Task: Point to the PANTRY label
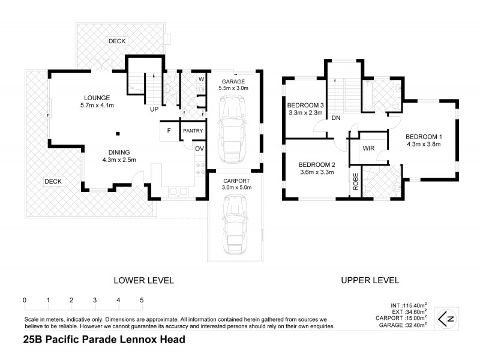(x=193, y=131)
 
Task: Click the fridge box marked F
(x=169, y=130)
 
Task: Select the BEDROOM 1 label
(x=423, y=136)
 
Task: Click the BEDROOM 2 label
(x=316, y=164)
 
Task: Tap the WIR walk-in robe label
(x=369, y=148)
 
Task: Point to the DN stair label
(x=336, y=118)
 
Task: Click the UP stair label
(x=154, y=109)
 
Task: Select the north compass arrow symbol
(x=445, y=317)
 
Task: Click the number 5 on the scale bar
(x=142, y=300)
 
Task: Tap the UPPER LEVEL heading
(x=370, y=280)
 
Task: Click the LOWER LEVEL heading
(x=144, y=280)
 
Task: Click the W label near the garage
(x=201, y=79)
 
